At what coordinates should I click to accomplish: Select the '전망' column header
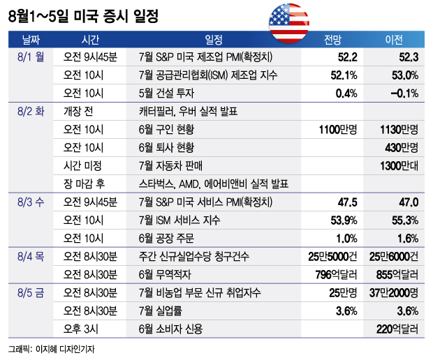pyautogui.click(x=332, y=39)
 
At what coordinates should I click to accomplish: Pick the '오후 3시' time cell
pyautogui.click(x=82, y=327)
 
